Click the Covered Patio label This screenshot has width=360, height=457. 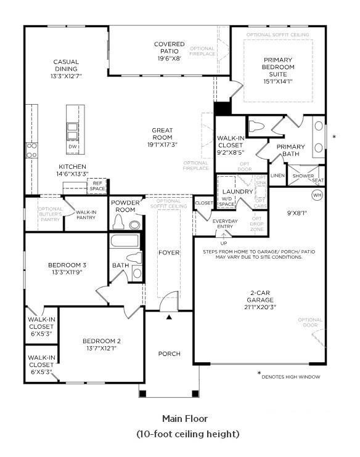(x=169, y=48)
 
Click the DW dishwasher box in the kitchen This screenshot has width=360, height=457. (x=73, y=147)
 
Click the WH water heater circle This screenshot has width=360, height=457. (x=317, y=195)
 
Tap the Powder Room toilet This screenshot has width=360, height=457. (x=136, y=224)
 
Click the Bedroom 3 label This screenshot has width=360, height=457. (x=67, y=265)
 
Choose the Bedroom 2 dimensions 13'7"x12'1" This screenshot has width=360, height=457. (x=102, y=349)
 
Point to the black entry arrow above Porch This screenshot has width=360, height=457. (x=169, y=317)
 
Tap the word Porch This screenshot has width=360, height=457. (x=170, y=354)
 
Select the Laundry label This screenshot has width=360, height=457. (x=238, y=192)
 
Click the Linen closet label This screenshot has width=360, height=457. (x=277, y=176)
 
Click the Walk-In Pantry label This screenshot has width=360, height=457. (x=86, y=215)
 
